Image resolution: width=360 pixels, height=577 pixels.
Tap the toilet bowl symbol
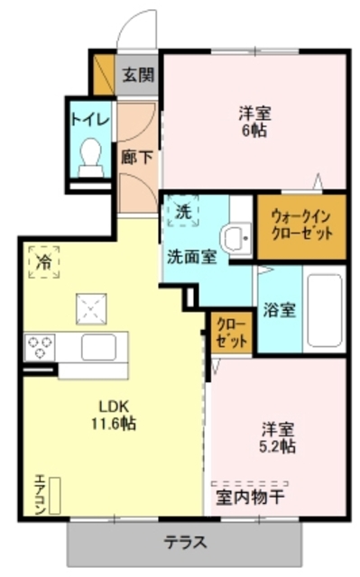click(x=90, y=155)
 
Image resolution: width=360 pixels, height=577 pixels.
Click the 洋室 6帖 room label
click(x=255, y=123)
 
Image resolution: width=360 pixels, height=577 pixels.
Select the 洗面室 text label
click(x=189, y=256)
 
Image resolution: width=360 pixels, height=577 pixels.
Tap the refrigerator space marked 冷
click(x=43, y=261)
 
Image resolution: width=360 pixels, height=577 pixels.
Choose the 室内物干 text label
click(x=250, y=497)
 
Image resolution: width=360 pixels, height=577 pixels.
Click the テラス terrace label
click(x=186, y=544)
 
